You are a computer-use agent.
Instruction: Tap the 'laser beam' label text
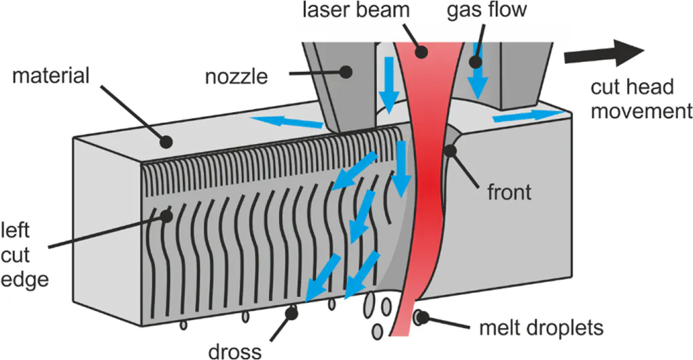click(x=356, y=10)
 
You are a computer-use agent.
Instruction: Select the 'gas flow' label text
click(x=486, y=10)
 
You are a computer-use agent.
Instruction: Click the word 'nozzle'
click(x=236, y=77)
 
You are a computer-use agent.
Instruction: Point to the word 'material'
click(x=51, y=75)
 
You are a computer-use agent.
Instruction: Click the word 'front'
click(x=509, y=193)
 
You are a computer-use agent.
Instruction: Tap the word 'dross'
click(x=234, y=352)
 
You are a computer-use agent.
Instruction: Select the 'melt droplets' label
click(x=541, y=328)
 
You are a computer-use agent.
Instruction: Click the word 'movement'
click(x=641, y=111)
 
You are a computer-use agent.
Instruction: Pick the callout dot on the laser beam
click(x=422, y=52)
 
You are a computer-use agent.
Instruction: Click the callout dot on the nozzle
click(x=346, y=71)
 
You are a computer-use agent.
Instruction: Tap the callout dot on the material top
click(x=166, y=142)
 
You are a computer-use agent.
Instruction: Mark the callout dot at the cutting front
click(x=450, y=151)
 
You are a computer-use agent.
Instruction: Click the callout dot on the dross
click(x=291, y=313)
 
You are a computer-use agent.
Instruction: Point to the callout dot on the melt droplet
click(x=423, y=317)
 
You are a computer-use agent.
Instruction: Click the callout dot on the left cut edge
click(x=166, y=216)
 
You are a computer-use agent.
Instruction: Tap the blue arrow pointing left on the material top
click(x=287, y=122)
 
